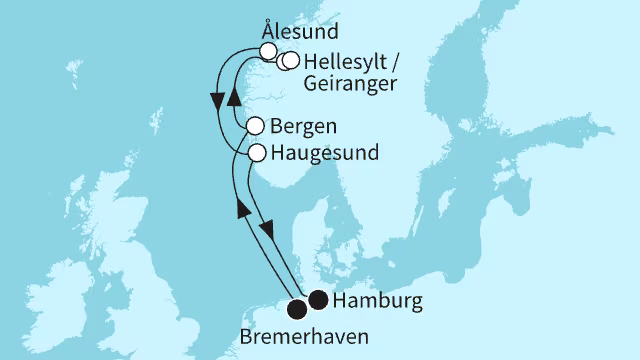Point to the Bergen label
(303, 127)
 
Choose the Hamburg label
(372, 300)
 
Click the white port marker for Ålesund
(267, 50)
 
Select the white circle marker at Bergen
(255, 127)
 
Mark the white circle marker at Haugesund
(257, 153)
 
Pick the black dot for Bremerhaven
(298, 307)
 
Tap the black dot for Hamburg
(318, 299)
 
